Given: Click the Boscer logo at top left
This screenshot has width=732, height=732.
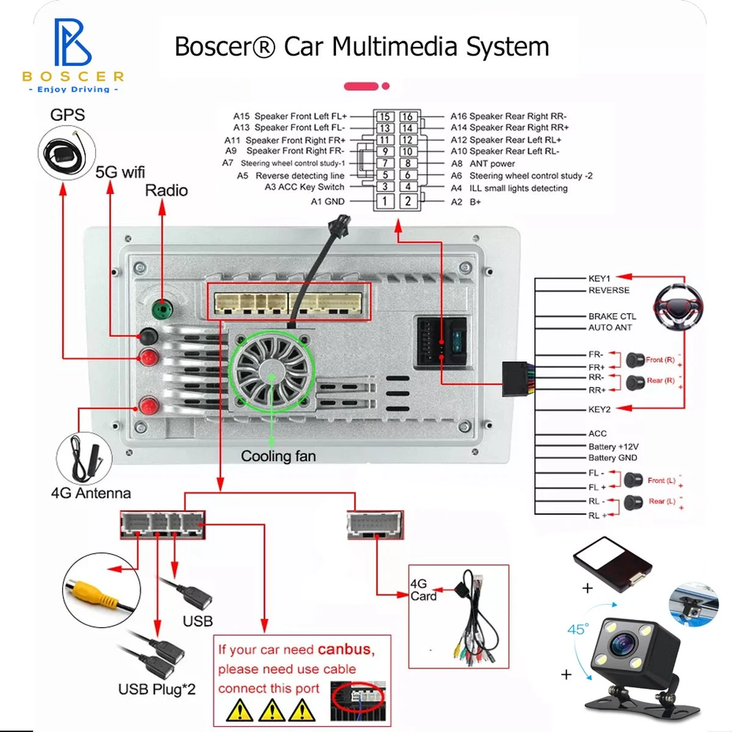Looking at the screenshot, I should point(73,55).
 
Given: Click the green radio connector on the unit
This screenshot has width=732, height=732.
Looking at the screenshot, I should point(161,309).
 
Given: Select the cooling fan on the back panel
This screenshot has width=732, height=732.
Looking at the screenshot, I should point(271,370).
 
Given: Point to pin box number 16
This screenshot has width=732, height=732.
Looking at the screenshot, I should point(407,117).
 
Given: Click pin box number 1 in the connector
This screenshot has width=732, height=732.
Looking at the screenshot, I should point(384,201).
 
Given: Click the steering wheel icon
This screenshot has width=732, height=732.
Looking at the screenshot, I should point(678,307).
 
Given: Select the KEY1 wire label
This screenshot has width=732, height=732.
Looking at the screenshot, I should point(599,278).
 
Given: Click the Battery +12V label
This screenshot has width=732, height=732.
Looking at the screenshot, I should point(613,447).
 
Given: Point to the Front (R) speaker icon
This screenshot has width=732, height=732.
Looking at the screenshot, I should point(636,360).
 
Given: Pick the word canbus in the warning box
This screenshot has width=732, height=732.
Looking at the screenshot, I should point(344,649).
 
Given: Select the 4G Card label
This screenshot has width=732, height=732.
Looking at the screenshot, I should point(423,590).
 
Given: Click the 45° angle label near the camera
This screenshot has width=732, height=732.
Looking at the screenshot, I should point(578,629).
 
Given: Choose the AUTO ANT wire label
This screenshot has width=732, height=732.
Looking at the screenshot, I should point(610,328).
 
